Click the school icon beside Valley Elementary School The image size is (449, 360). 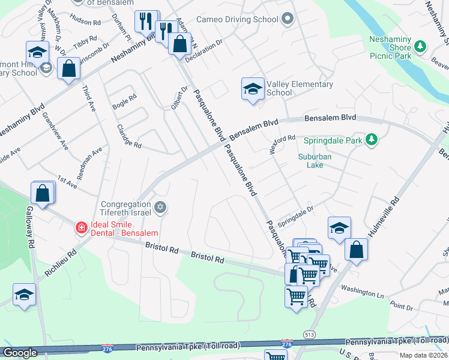(253, 89)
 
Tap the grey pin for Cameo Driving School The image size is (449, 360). (288, 19)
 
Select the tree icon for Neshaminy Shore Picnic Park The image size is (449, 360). (421, 46)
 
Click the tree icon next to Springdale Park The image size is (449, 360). (372, 140)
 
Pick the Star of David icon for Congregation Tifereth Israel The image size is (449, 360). (160, 208)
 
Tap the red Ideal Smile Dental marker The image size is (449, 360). (80, 227)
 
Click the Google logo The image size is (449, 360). (20, 353)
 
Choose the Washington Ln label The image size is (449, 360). (362, 291)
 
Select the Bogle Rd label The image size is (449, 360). (124, 101)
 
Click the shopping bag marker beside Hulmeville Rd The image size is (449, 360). (357, 250)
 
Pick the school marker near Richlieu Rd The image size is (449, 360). (24, 295)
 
